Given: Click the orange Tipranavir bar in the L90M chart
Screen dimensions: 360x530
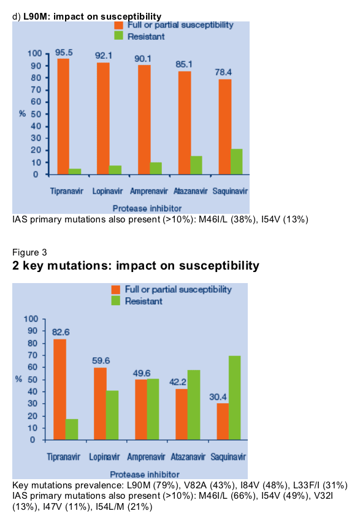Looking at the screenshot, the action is tap(63, 116).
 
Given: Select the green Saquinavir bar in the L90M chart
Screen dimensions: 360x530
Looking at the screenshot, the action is tap(237, 162).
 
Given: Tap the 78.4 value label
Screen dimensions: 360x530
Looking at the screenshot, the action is tap(223, 72).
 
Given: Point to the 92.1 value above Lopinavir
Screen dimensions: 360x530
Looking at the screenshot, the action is tap(103, 55).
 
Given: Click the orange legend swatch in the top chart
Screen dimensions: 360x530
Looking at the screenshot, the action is tap(118, 25).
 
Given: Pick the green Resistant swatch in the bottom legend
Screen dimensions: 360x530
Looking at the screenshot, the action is tap(116, 301).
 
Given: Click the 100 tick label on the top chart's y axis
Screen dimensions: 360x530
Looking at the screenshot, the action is tap(34, 53).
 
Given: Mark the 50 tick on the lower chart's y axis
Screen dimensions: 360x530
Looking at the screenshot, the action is tap(32, 379).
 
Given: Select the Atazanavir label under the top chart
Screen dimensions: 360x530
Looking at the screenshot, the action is tap(191, 191).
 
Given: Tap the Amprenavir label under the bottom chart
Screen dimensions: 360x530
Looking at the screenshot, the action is tap(146, 457).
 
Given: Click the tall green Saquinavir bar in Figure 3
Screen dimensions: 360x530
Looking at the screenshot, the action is tap(234, 398).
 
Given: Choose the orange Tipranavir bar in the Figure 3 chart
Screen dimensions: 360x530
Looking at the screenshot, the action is tap(60, 390).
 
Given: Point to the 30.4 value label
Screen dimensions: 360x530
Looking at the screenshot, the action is tap(218, 397).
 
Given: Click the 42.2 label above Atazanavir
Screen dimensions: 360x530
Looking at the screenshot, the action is tap(178, 382).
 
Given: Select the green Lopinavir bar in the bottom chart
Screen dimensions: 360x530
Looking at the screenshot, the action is tap(112, 415).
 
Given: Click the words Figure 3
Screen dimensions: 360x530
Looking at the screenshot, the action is tap(29, 252).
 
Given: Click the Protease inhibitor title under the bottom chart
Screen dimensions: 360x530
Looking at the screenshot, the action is tap(145, 474).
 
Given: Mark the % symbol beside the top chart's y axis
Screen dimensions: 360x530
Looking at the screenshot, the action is tap(22, 113).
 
